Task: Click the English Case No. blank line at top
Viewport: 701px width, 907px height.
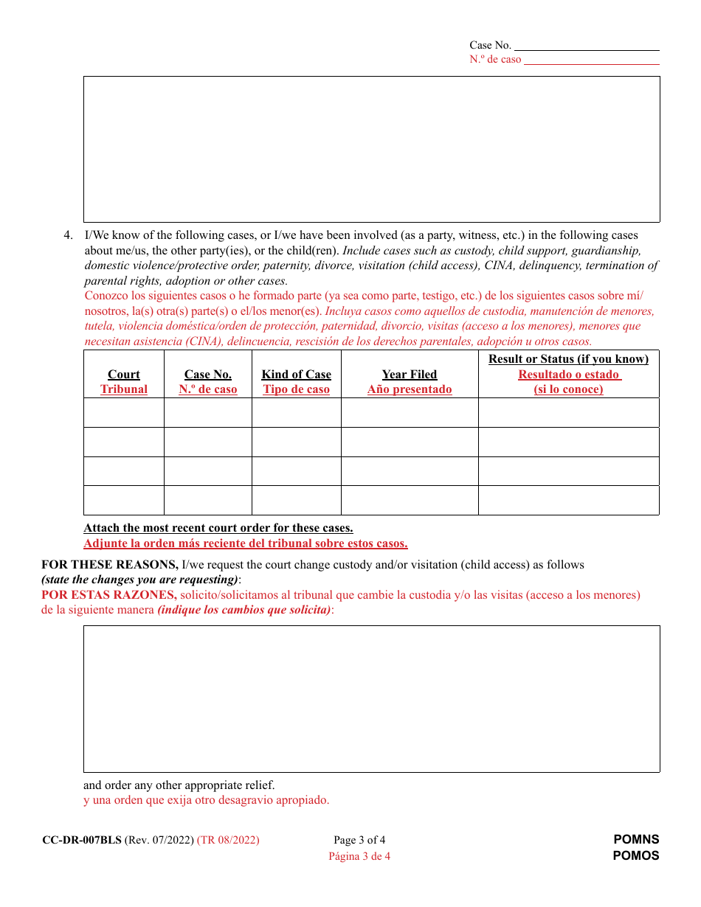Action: (586, 46)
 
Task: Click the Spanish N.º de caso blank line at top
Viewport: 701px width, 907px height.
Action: (591, 60)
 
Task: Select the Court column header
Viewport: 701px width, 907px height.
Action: (124, 375)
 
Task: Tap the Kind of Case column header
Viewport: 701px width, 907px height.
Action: (297, 375)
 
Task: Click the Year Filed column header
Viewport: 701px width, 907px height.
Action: (410, 375)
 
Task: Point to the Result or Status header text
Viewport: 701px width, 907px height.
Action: (568, 359)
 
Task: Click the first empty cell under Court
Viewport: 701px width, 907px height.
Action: (124, 413)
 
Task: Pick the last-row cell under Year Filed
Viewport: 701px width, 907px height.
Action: (410, 500)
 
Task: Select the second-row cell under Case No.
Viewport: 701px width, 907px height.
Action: (208, 442)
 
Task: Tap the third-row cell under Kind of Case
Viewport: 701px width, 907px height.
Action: (297, 471)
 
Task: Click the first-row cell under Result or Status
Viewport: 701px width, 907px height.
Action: (568, 413)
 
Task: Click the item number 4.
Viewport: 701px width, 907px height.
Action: (68, 236)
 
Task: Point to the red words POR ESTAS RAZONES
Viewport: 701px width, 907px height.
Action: (108, 595)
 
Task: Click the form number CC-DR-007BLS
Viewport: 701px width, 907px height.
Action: (82, 840)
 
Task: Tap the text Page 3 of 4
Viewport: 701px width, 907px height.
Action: (359, 840)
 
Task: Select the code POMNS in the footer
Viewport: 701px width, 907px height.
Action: (636, 840)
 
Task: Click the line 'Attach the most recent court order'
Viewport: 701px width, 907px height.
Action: (218, 528)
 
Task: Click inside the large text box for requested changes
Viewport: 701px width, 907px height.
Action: (371, 698)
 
